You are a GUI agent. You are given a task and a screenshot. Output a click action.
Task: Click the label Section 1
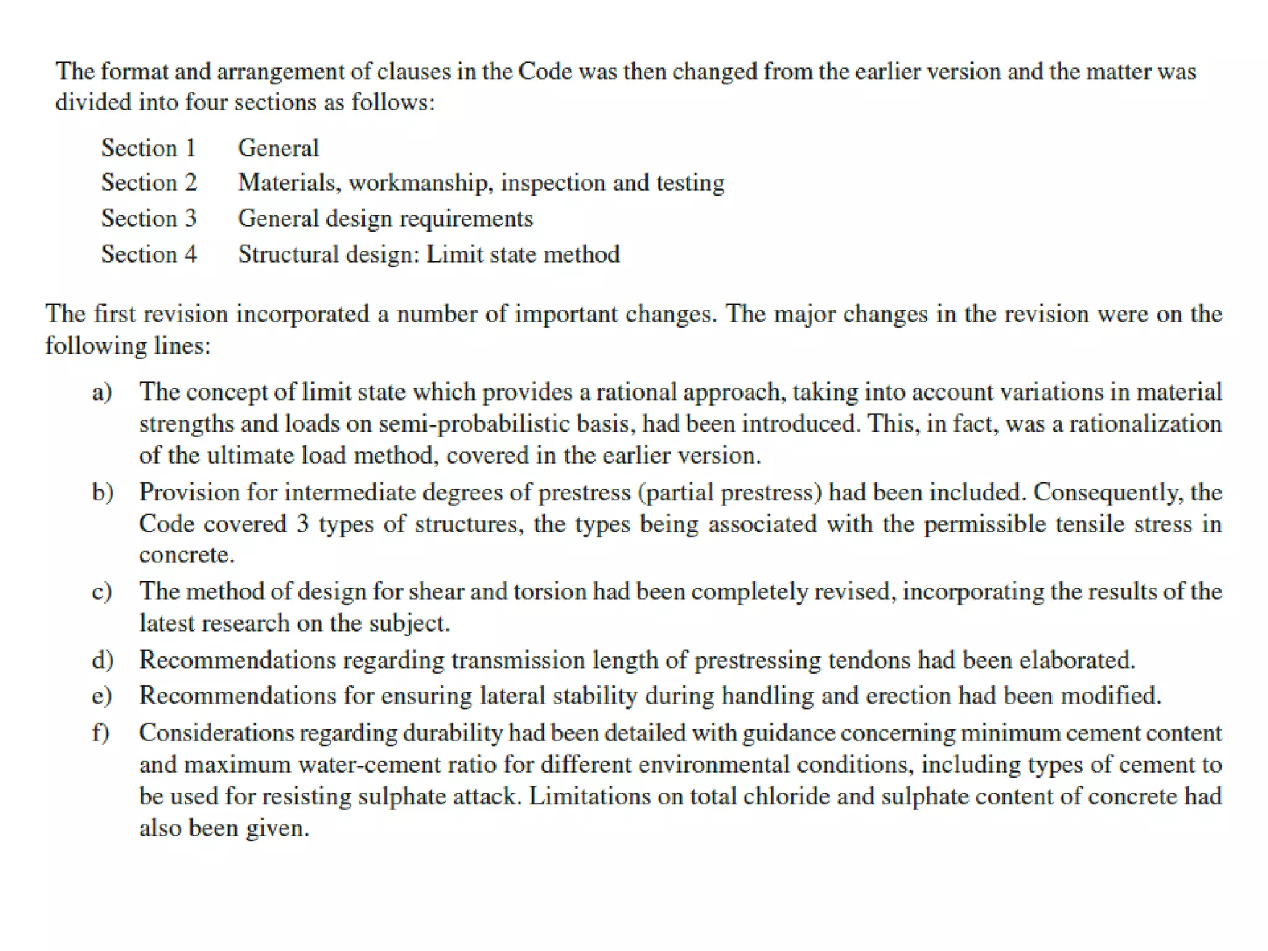(x=149, y=148)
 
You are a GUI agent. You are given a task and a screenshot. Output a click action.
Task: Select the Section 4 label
(x=149, y=254)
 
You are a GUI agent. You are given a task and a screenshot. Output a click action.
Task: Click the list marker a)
(x=102, y=392)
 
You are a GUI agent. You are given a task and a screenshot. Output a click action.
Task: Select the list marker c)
(x=102, y=591)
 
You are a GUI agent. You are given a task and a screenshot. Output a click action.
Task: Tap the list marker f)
(x=101, y=732)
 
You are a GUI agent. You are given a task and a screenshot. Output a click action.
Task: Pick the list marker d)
(x=103, y=660)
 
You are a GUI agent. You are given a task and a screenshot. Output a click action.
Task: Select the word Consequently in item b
(x=1108, y=492)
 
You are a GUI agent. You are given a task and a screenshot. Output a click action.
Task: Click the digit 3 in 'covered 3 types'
(x=302, y=524)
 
